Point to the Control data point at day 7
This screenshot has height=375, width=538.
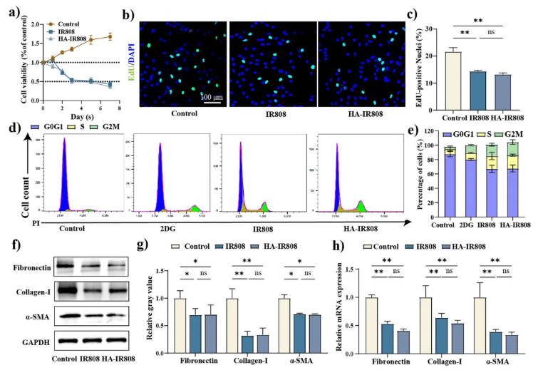109,37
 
